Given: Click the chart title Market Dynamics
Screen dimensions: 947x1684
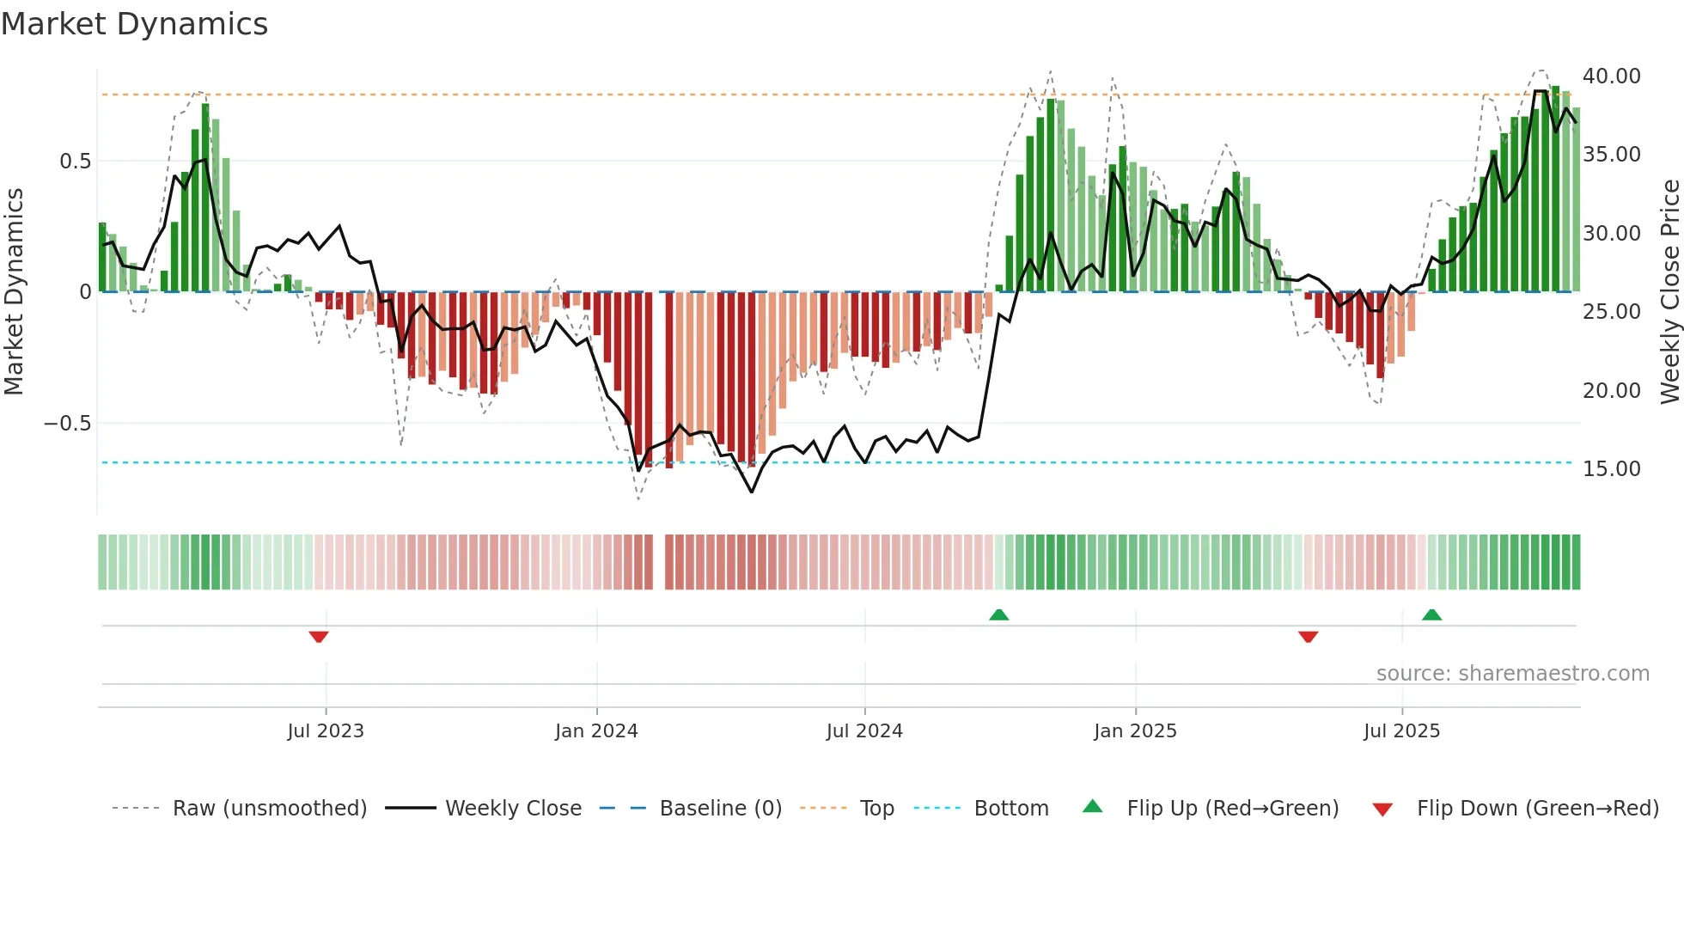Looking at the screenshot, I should pos(134,24).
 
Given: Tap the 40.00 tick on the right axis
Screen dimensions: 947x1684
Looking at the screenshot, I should pos(1612,76).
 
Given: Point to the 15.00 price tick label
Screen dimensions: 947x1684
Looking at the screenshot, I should pos(1612,469).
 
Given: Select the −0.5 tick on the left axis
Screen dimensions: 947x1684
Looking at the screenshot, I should pos(67,424).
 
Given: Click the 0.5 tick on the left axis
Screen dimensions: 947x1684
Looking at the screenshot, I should pos(75,162).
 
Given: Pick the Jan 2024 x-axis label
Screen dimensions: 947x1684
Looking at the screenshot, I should pos(596,731).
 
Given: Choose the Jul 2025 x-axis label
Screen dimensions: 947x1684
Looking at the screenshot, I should pos(1401,731).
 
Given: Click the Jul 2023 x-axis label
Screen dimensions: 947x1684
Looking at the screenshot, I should pos(326,731).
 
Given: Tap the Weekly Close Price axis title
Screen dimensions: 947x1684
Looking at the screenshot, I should pos(1669,291).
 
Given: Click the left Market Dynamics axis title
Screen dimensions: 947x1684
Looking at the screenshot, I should pos(14,291).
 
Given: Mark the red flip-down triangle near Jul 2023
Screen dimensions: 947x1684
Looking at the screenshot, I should pos(319,637).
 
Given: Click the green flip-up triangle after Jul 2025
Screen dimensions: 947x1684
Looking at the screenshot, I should pos(1431,614).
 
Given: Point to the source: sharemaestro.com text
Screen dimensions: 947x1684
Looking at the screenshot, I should pos(1512,674).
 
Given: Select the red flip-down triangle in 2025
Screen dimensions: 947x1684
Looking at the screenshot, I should pos(1309,637).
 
